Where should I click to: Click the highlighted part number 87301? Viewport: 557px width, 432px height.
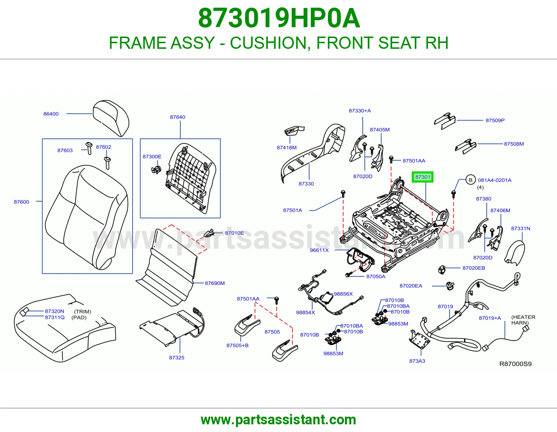click(422, 177)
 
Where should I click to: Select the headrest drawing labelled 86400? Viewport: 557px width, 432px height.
click(111, 118)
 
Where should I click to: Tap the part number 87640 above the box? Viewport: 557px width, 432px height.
click(178, 117)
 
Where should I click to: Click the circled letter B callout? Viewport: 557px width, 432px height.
click(470, 180)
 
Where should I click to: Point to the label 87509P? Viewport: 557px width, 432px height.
click(495, 121)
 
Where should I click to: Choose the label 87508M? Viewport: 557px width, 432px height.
click(514, 144)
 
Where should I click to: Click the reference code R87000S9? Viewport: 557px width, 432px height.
click(516, 364)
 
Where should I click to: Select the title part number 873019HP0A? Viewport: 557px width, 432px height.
click(279, 18)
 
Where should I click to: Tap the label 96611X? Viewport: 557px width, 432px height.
click(319, 250)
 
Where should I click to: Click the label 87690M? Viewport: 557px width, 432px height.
click(214, 283)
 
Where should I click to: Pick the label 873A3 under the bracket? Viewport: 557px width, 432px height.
click(417, 361)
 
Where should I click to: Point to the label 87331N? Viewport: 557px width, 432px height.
click(520, 228)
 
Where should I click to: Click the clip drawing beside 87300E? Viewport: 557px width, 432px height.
click(156, 170)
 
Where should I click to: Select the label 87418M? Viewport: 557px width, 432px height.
click(287, 147)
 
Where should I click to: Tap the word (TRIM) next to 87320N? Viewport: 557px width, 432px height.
click(83, 312)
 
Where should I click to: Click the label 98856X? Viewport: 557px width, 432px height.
click(343, 294)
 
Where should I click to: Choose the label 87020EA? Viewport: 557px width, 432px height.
click(411, 286)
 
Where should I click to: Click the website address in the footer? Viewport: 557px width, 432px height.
click(278, 420)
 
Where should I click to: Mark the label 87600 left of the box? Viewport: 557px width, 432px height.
click(22, 202)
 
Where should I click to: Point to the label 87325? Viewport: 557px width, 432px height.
click(176, 357)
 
